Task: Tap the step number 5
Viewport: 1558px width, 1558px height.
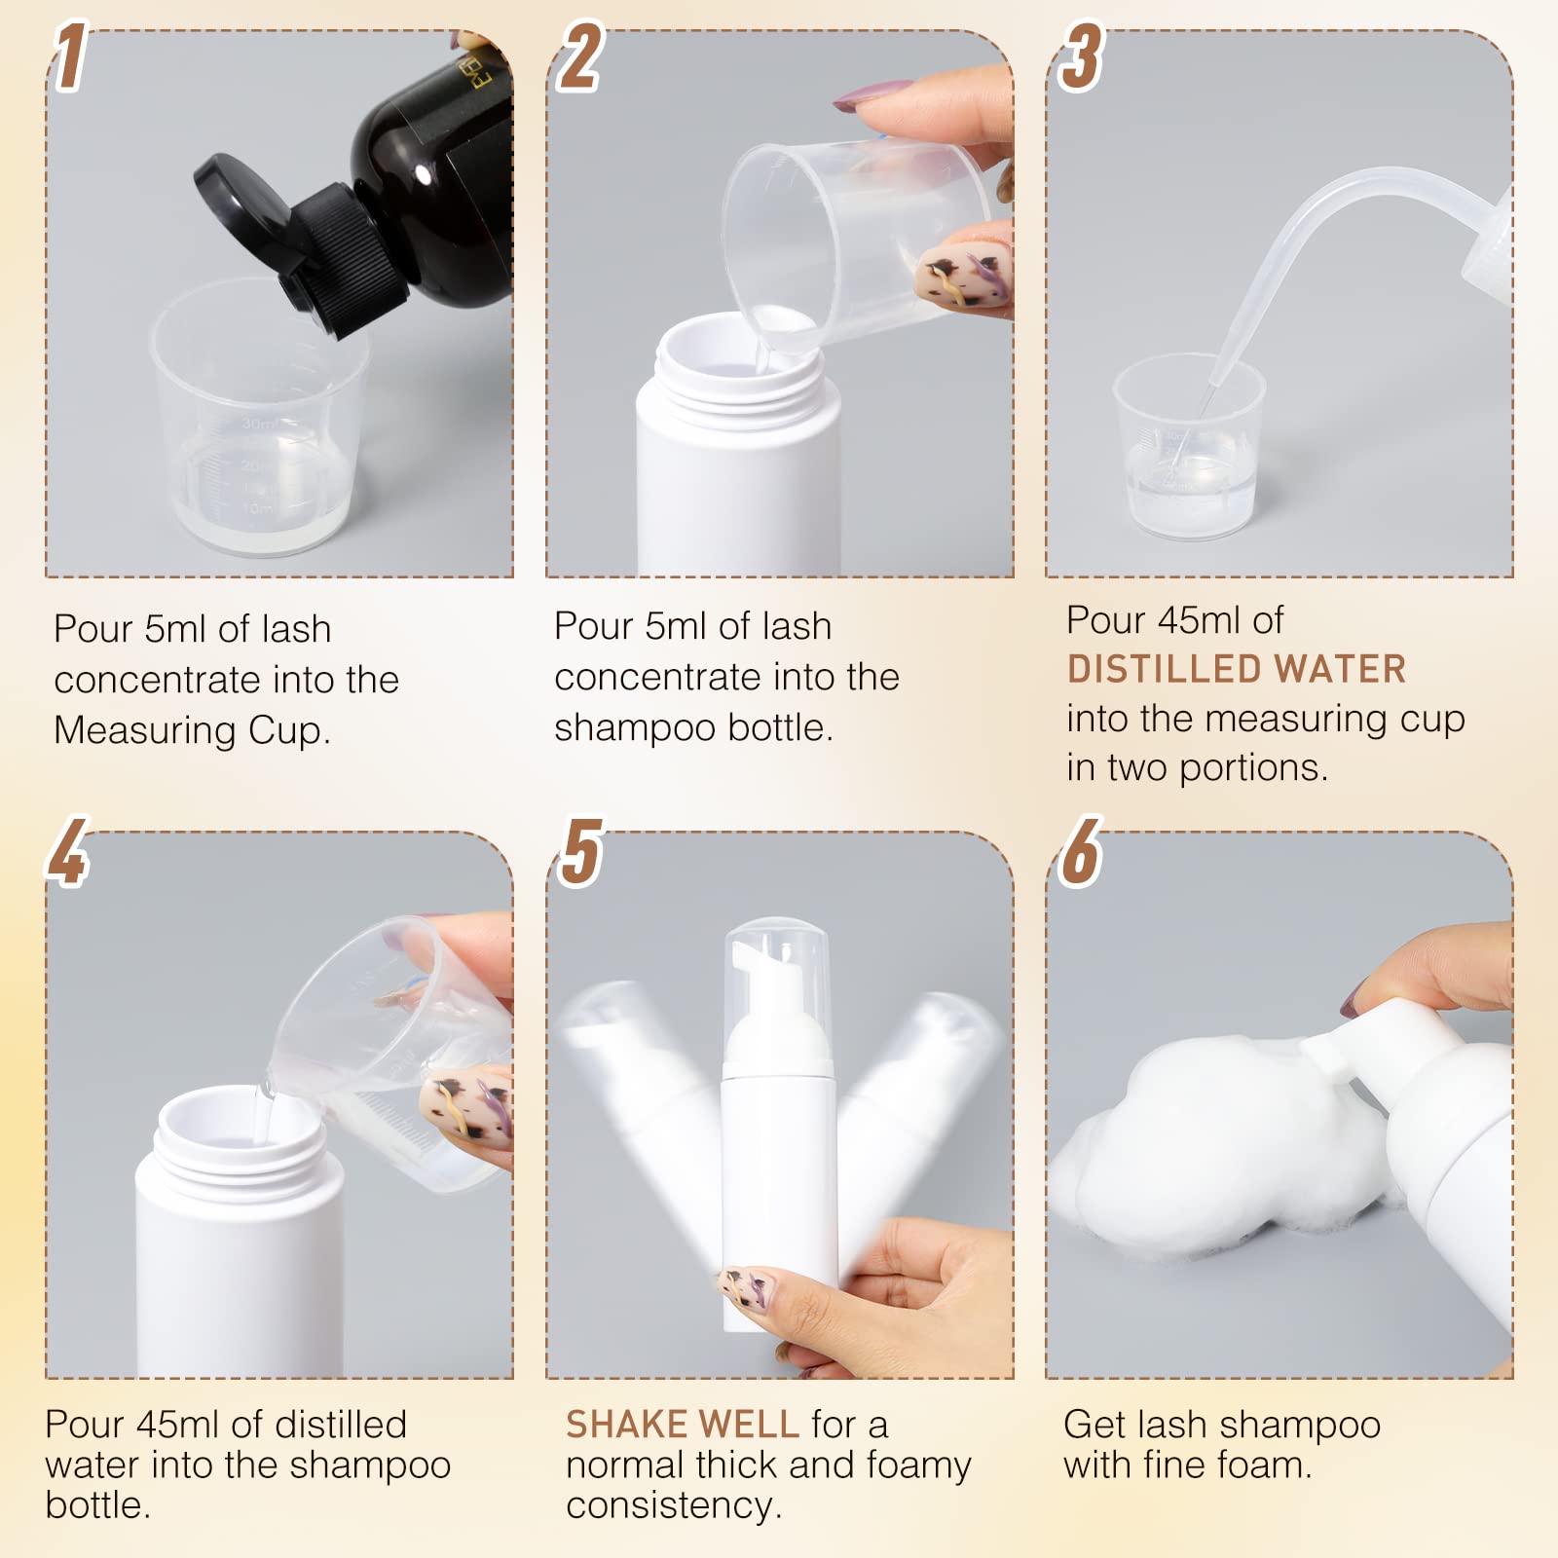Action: click(x=581, y=852)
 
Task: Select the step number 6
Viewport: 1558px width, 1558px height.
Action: click(x=1081, y=852)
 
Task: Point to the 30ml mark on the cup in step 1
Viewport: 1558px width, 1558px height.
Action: click(x=258, y=424)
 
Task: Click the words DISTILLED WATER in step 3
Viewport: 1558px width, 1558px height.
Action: click(x=1237, y=669)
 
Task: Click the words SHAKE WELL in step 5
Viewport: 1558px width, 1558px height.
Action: click(x=682, y=1425)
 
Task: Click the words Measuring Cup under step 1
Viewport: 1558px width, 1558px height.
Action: click(x=192, y=730)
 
